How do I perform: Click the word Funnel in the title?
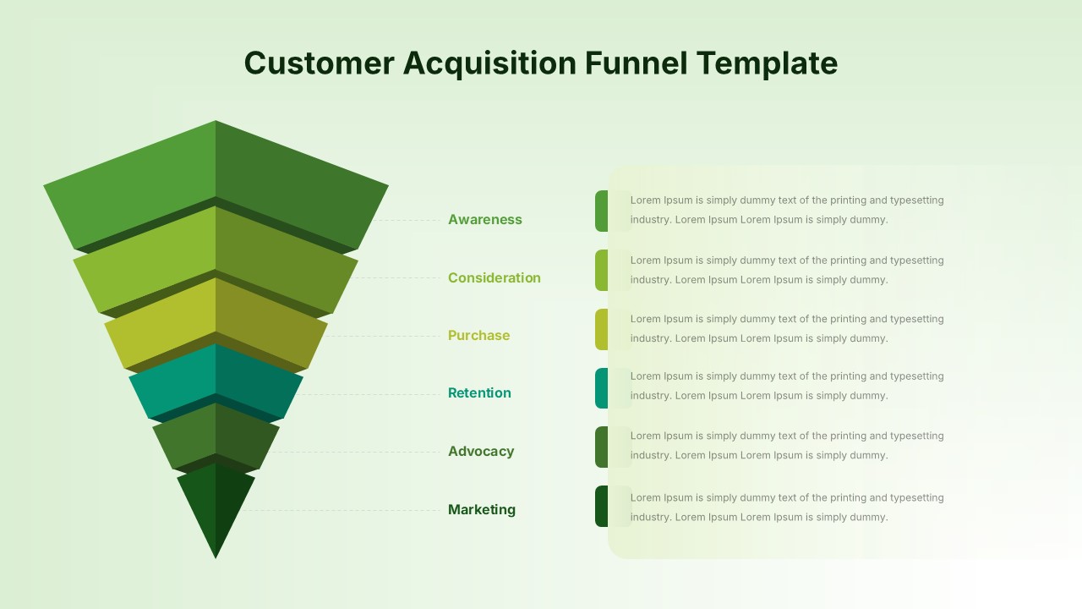coord(636,63)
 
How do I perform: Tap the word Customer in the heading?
coord(320,63)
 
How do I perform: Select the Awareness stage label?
coord(485,219)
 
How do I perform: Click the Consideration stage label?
coord(495,278)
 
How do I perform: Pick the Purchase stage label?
coord(478,336)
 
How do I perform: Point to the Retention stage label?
coord(479,393)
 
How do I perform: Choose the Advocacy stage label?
coord(481,452)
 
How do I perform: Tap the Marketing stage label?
coord(482,509)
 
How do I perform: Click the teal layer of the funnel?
coord(216,381)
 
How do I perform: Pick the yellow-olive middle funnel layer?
coord(216,324)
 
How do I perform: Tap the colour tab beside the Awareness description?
coord(602,211)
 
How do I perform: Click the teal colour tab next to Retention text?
coord(602,388)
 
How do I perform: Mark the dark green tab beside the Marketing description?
coord(602,506)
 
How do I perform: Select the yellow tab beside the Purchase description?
coord(602,329)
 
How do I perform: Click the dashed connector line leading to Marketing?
coord(341,510)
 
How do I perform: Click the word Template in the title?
coord(767,63)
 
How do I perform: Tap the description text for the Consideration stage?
coord(787,270)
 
